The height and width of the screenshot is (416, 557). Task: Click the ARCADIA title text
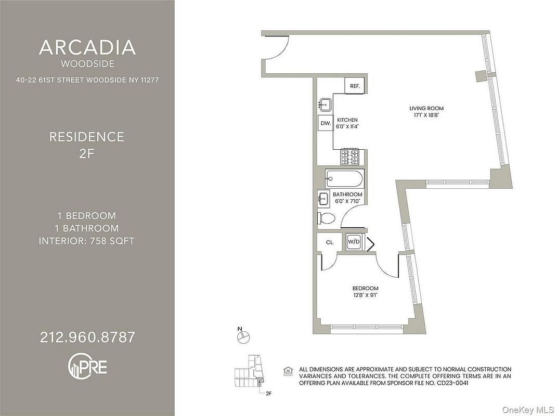(87, 47)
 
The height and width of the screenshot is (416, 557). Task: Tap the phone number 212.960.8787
(87, 337)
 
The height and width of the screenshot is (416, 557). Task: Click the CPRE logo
(87, 366)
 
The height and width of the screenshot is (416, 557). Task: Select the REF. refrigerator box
(355, 86)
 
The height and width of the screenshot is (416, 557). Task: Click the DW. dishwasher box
(326, 124)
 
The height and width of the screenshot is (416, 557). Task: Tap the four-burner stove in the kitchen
(350, 157)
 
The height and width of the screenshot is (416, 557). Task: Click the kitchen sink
(325, 105)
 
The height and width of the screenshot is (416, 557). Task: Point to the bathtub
(345, 179)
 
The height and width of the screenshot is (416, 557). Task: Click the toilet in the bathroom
(326, 218)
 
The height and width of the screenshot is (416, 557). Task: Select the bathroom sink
(324, 198)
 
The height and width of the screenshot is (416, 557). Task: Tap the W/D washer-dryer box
(354, 242)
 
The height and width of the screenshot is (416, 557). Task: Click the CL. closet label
(330, 242)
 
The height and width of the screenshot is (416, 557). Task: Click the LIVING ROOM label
(426, 108)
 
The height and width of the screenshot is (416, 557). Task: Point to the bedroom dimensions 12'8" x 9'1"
(365, 295)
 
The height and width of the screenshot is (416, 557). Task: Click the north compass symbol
(244, 335)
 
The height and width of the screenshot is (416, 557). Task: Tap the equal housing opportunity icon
(288, 371)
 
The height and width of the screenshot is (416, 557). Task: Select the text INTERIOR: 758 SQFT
(87, 241)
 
